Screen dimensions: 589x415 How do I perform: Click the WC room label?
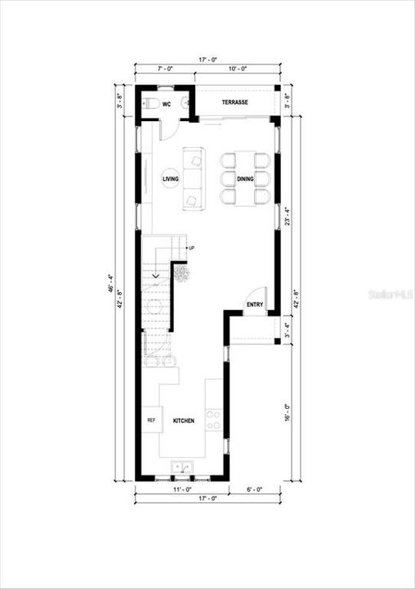167,104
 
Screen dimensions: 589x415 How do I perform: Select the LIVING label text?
171,178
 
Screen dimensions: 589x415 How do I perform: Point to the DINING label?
245,178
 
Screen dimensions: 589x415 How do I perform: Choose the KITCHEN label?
183,420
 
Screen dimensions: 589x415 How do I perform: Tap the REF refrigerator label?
151,420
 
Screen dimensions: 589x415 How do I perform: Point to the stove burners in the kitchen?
212,420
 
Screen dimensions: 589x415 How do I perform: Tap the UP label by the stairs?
190,247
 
